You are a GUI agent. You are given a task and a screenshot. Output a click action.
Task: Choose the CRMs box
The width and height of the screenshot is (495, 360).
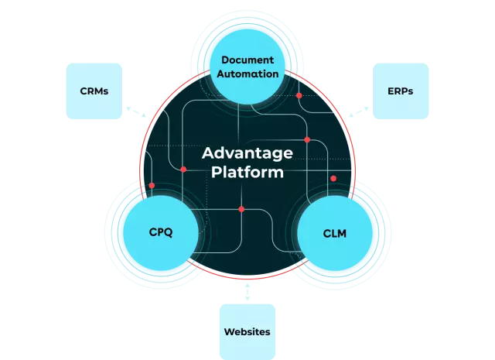click(x=93, y=91)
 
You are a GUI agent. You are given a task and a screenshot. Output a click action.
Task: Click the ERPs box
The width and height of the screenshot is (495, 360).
click(x=400, y=91)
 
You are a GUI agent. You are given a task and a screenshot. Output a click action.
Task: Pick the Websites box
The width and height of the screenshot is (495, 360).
click(x=247, y=331)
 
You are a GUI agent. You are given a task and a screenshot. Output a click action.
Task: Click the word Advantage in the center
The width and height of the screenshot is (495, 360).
click(x=247, y=153)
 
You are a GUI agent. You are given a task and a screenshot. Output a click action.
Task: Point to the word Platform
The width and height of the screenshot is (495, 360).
click(x=247, y=172)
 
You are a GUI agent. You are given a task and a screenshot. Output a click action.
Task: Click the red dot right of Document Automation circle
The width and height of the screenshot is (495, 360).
click(x=299, y=95)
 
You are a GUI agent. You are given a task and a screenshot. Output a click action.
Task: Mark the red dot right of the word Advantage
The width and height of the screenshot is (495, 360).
click(x=307, y=140)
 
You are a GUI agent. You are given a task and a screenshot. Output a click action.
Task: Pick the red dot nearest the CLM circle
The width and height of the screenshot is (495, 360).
click(x=333, y=179)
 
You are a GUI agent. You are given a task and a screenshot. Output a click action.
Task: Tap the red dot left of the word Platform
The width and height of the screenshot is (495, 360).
click(x=183, y=170)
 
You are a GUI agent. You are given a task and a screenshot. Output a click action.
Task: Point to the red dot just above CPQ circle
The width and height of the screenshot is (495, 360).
click(x=152, y=186)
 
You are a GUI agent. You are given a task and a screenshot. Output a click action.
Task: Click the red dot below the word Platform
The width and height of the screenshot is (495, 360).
click(x=241, y=209)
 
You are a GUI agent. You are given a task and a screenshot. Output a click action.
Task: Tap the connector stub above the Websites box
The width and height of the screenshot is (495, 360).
click(x=247, y=292)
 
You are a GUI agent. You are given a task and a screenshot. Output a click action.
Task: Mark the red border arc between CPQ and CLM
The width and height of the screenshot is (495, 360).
click(x=247, y=277)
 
